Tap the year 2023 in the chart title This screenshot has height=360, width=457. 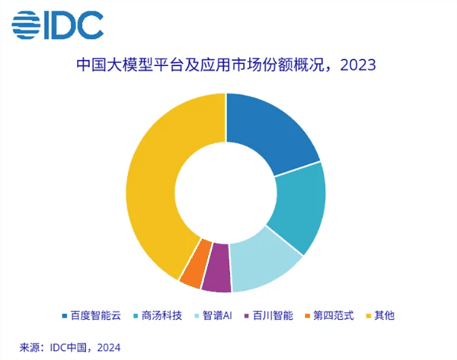357,66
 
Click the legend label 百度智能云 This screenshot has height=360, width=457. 94,315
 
